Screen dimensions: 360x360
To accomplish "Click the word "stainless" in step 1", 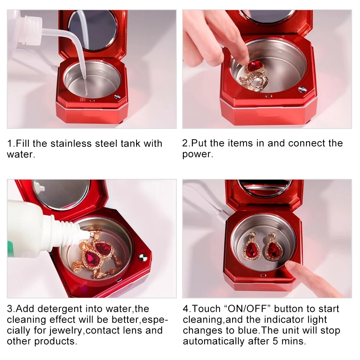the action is point(71,144).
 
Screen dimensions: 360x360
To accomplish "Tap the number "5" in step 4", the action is point(275,341).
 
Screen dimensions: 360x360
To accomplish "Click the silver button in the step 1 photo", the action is point(117,97).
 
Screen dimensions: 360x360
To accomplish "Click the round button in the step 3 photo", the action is point(143,258).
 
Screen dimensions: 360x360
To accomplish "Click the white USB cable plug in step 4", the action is point(224,215).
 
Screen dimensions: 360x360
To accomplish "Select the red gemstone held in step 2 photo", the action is point(254,67).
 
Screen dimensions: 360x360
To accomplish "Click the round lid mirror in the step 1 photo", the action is point(93,30).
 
